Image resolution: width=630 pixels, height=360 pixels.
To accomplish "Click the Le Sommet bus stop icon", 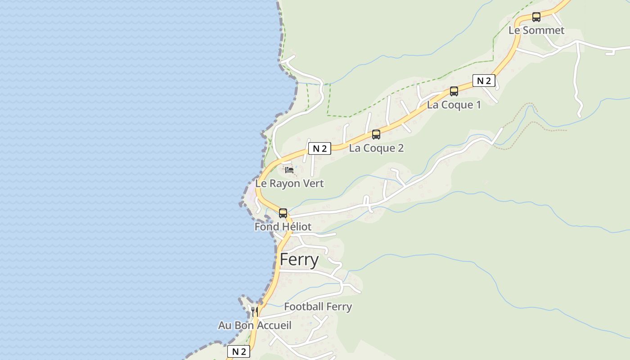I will click(536, 17).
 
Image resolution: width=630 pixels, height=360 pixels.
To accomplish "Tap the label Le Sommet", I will click(536, 30).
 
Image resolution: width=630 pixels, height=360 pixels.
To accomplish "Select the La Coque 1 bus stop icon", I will click(454, 91).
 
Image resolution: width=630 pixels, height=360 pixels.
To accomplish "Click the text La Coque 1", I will click(454, 105).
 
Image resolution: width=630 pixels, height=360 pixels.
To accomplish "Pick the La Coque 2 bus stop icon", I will click(376, 134).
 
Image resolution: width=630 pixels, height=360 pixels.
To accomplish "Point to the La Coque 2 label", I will click(376, 148).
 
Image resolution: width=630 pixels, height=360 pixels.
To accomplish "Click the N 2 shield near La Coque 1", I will click(484, 81).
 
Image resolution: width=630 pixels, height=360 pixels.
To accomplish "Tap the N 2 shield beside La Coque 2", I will click(319, 148).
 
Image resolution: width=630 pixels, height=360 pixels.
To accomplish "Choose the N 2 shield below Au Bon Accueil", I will click(238, 351).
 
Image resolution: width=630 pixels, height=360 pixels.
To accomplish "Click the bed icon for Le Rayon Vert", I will click(289, 170).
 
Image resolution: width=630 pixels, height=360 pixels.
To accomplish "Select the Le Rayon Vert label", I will click(289, 184).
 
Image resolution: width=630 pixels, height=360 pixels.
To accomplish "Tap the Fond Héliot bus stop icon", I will click(283, 213).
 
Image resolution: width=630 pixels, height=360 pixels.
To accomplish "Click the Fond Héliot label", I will click(283, 226).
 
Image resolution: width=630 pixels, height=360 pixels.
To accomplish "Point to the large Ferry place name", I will click(299, 260).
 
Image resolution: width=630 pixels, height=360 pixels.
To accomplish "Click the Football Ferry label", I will click(318, 306).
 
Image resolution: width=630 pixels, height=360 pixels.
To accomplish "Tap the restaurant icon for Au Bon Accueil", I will click(254, 311).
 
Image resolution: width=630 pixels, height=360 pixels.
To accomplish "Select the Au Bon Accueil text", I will click(255, 325).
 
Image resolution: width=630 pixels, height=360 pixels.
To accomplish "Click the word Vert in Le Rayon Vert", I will click(313, 184).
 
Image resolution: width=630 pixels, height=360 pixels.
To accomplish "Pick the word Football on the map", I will click(304, 306).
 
